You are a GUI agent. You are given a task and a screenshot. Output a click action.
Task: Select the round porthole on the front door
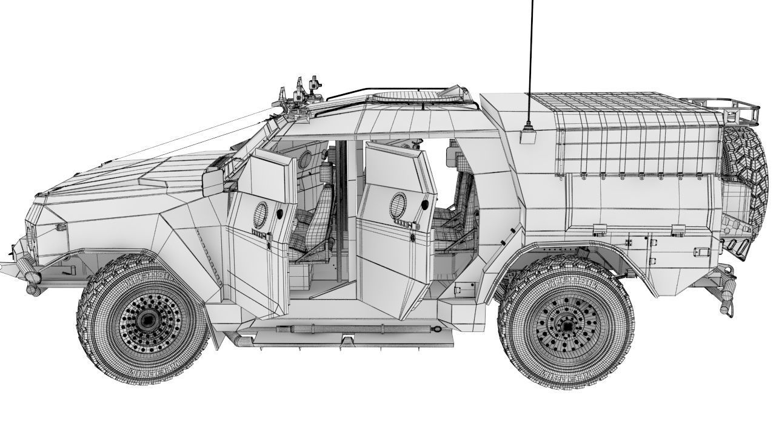(261, 212)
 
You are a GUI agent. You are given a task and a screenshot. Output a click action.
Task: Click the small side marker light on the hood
(61, 227)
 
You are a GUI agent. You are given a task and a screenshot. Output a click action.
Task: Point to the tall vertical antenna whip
(532, 61)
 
